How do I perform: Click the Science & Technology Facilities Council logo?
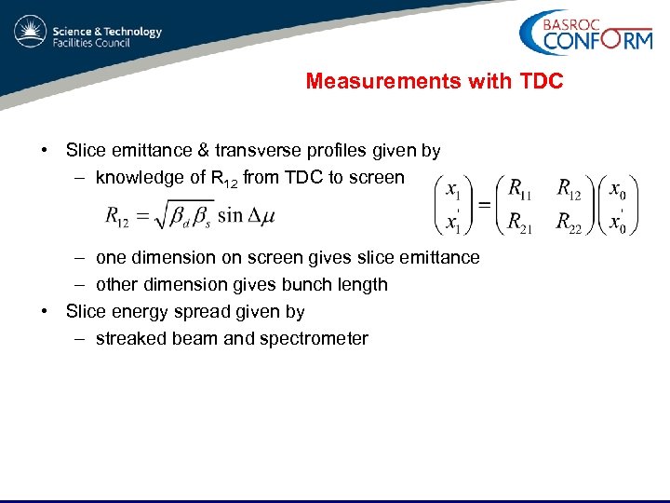(87, 34)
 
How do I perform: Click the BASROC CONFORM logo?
(585, 34)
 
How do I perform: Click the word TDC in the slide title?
(538, 82)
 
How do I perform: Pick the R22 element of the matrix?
(569, 222)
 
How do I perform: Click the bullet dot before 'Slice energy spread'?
(45, 311)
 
